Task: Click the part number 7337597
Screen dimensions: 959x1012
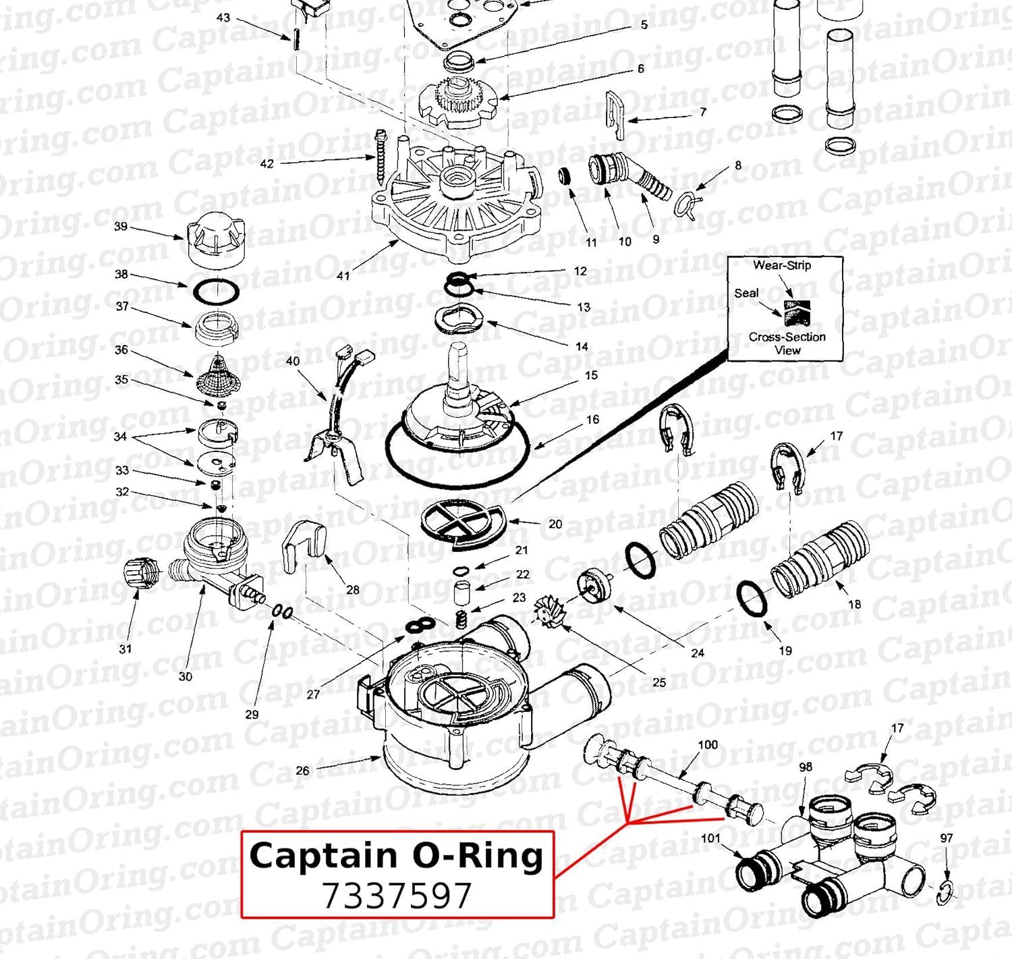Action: coord(397,896)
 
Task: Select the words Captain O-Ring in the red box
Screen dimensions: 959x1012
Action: coord(397,856)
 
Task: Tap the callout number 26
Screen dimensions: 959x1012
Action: coord(302,770)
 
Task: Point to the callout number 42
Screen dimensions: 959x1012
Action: coord(267,163)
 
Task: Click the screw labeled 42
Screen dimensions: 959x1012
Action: coord(381,157)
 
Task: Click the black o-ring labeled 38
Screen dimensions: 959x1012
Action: coord(217,293)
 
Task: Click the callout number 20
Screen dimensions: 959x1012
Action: coord(555,524)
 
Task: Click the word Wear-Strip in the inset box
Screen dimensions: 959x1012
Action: coord(782,265)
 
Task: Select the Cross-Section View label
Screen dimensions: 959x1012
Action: coord(787,343)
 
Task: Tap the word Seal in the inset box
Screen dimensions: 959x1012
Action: coord(746,293)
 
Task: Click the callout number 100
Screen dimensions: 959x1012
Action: coord(708,744)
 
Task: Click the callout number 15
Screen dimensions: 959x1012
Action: coord(591,375)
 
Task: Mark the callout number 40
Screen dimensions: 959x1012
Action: coord(293,361)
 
